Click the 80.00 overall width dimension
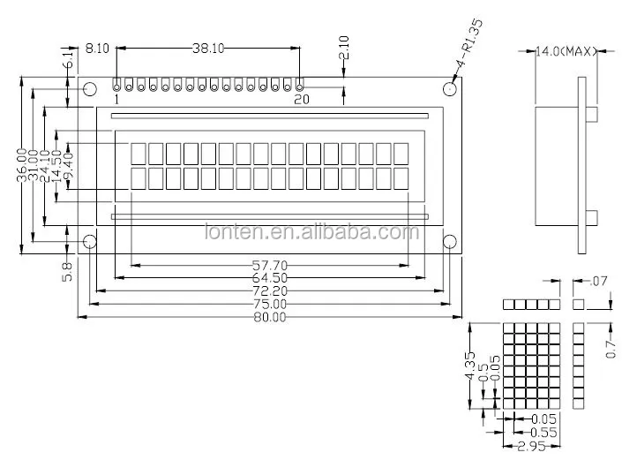269,317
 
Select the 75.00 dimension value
269,305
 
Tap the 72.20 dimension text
269,290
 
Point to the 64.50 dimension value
269,278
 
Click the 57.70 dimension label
269,265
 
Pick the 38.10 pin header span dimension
208,49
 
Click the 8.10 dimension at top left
97,49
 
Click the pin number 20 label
301,101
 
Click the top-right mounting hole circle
449,88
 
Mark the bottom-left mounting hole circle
89,242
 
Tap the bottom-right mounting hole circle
449,242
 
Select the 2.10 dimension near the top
345,48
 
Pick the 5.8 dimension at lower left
67,268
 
